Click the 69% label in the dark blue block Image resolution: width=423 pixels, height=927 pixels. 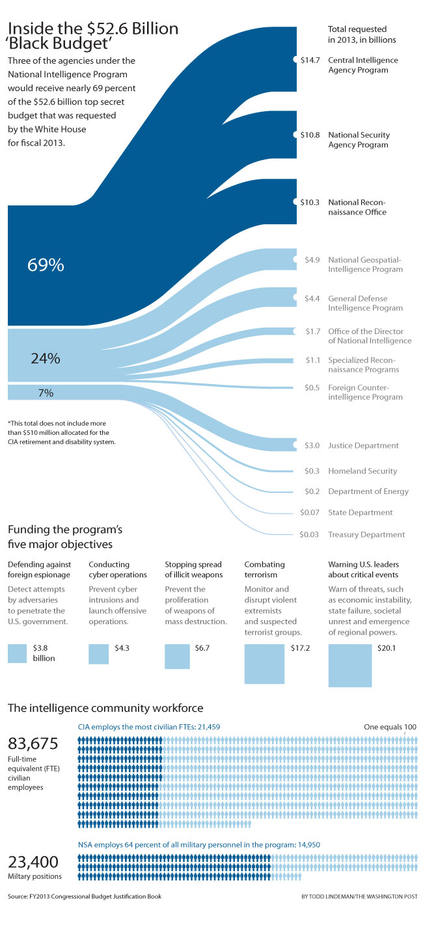[46, 265]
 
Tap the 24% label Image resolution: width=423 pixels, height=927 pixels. [45, 358]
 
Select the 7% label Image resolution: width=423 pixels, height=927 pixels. [46, 393]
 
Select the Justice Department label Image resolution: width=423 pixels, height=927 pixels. [362, 446]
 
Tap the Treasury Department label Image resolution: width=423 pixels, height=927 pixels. [366, 534]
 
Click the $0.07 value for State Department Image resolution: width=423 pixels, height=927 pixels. [310, 512]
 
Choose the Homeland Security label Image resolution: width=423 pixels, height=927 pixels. [362, 471]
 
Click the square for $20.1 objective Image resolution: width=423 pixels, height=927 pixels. [350, 665]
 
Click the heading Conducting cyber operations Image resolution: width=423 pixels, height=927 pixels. [118, 569]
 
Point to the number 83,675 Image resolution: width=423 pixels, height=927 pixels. [33, 743]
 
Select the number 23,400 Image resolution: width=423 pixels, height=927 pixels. [33, 862]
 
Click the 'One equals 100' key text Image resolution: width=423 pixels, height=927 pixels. [390, 727]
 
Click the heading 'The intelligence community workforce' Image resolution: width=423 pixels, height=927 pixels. [105, 707]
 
